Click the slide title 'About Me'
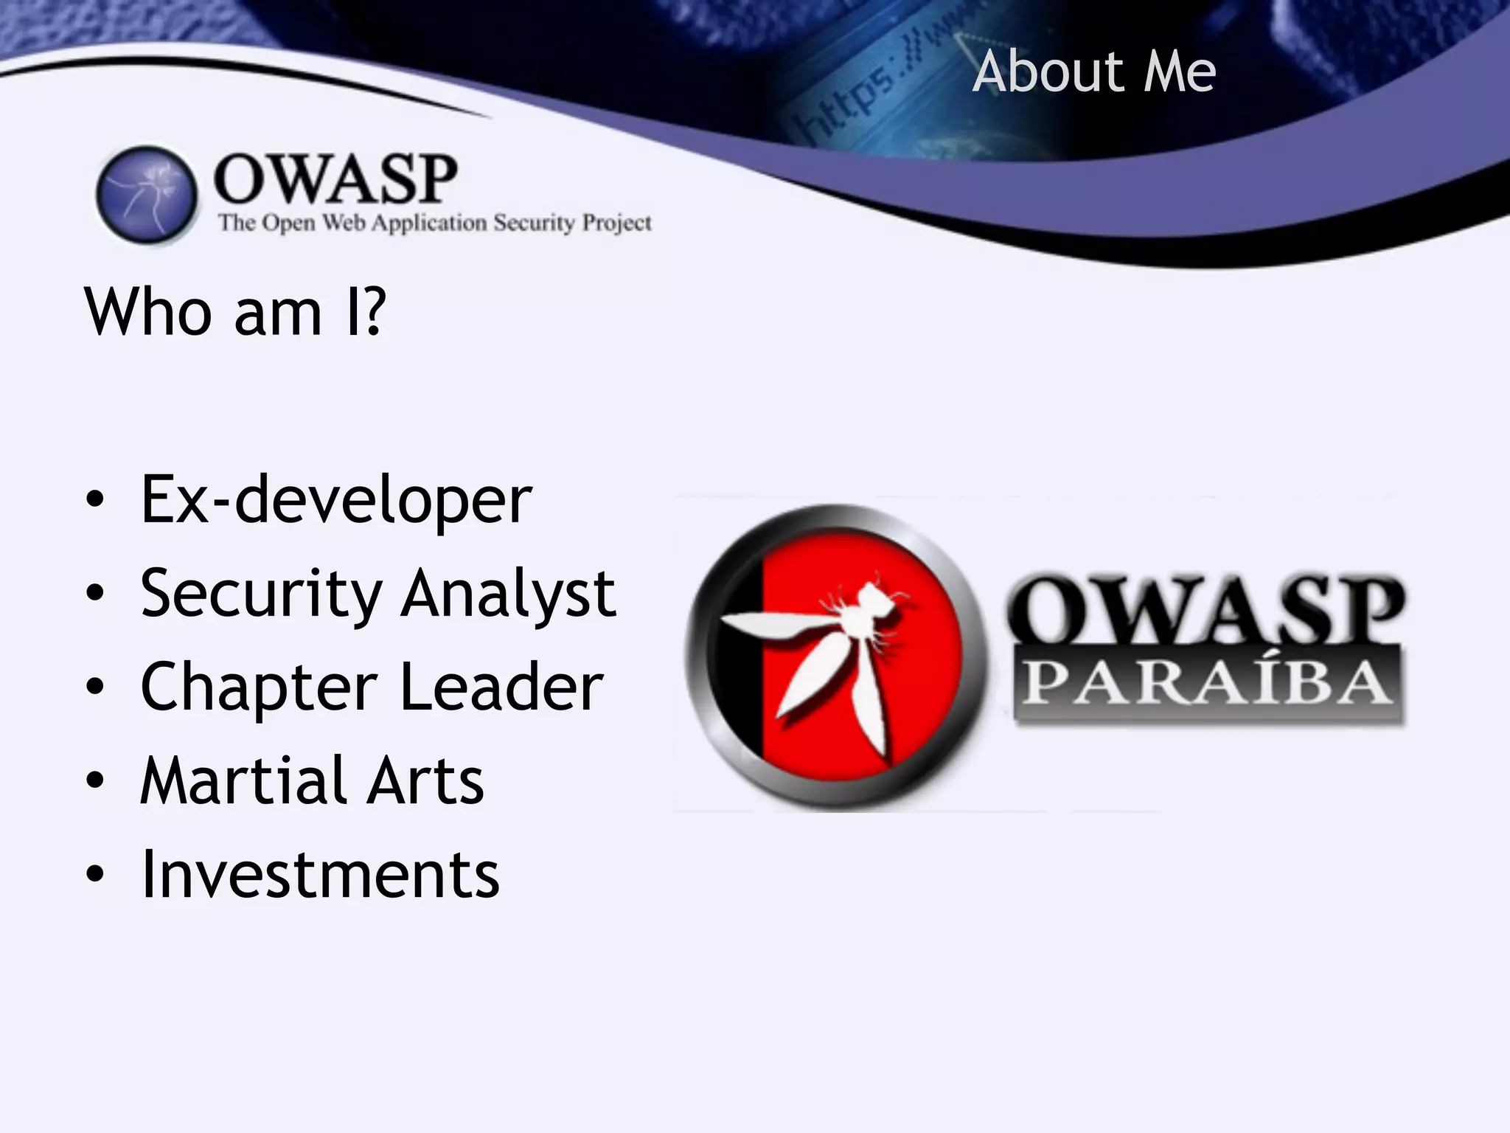tap(1093, 72)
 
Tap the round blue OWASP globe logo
tap(147, 195)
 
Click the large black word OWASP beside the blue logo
tap(335, 179)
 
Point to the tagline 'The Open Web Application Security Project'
tap(434, 223)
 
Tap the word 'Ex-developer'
tap(336, 501)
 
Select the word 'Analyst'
tap(509, 595)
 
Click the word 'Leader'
tap(501, 687)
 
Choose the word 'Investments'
tap(320, 875)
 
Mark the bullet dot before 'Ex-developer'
tap(95, 500)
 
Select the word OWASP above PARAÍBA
tap(1205, 609)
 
